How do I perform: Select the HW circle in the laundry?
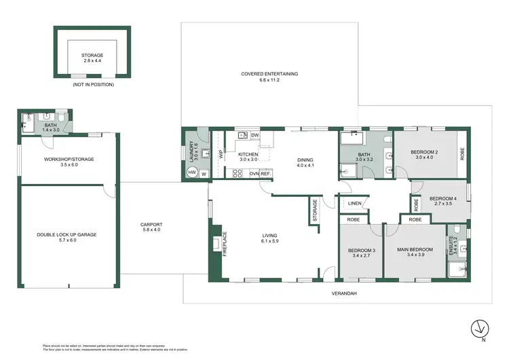pyautogui.click(x=192, y=173)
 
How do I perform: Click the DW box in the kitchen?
pyautogui.click(x=255, y=135)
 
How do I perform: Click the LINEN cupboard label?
pyautogui.click(x=354, y=203)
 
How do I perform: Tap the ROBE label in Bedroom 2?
pyautogui.click(x=463, y=154)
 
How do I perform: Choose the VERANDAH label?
pyautogui.click(x=345, y=293)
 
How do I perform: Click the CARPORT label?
pyautogui.click(x=151, y=227)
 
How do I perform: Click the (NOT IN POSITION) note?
pyautogui.click(x=94, y=84)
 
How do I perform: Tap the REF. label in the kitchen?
pyautogui.click(x=265, y=173)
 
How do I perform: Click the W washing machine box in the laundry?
pyautogui.click(x=204, y=174)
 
